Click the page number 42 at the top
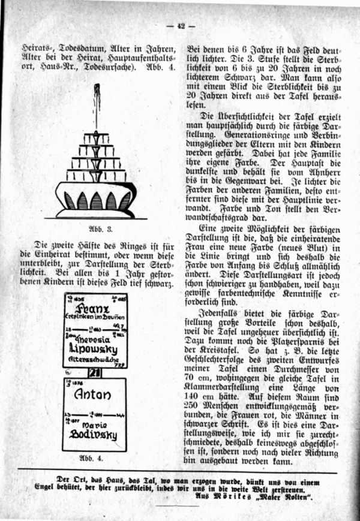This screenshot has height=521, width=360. [181, 25]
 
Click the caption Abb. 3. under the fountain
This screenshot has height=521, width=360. [95, 229]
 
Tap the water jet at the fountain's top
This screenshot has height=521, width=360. [96, 105]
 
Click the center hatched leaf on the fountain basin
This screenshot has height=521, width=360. [96, 200]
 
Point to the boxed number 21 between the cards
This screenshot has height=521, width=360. [95, 372]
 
